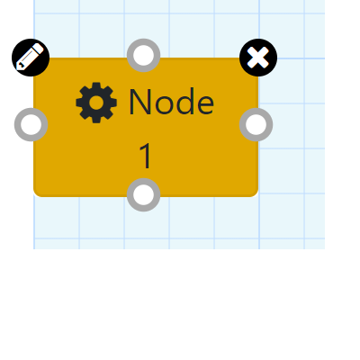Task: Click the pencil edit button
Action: point(31,58)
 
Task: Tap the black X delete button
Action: point(258,58)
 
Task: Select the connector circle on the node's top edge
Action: point(144,56)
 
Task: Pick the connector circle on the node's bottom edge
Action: point(144,194)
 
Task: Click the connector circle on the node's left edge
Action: point(31,124)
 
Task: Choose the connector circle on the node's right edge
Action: point(256,124)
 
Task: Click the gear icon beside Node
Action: point(96,103)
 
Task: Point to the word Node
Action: point(172,102)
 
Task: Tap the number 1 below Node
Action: point(146,156)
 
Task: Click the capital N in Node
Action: point(139,102)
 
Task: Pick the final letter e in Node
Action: point(206,105)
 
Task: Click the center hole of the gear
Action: point(96,103)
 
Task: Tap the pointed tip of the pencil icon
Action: point(18,67)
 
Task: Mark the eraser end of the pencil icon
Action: point(39,48)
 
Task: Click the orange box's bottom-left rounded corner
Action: point(36,194)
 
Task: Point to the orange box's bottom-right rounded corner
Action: point(256,194)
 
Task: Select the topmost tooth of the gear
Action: point(96,85)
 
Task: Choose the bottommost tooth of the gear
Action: point(96,120)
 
